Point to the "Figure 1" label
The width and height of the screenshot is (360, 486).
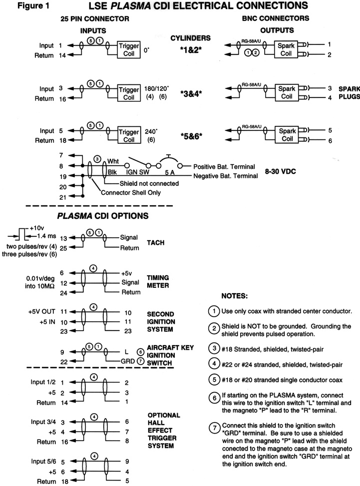(33, 6)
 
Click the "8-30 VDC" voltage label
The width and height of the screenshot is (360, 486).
(281, 171)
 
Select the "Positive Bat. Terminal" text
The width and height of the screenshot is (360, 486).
(224, 167)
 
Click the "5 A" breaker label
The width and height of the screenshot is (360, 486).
(170, 172)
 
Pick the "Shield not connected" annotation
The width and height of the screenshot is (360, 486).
(149, 183)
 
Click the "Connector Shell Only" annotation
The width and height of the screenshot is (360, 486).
(131, 192)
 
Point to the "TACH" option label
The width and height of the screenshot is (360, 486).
(155, 243)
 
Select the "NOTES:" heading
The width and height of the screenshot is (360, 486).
(235, 296)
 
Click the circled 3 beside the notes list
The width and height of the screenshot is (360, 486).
(214, 348)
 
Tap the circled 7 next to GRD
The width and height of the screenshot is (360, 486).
(140, 361)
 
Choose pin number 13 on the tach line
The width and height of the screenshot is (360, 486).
(63, 238)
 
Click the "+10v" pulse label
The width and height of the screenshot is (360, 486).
(36, 228)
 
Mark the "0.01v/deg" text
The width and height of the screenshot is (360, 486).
(40, 279)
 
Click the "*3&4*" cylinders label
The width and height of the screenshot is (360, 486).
(191, 93)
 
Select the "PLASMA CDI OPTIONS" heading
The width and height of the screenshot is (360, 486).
(102, 216)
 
